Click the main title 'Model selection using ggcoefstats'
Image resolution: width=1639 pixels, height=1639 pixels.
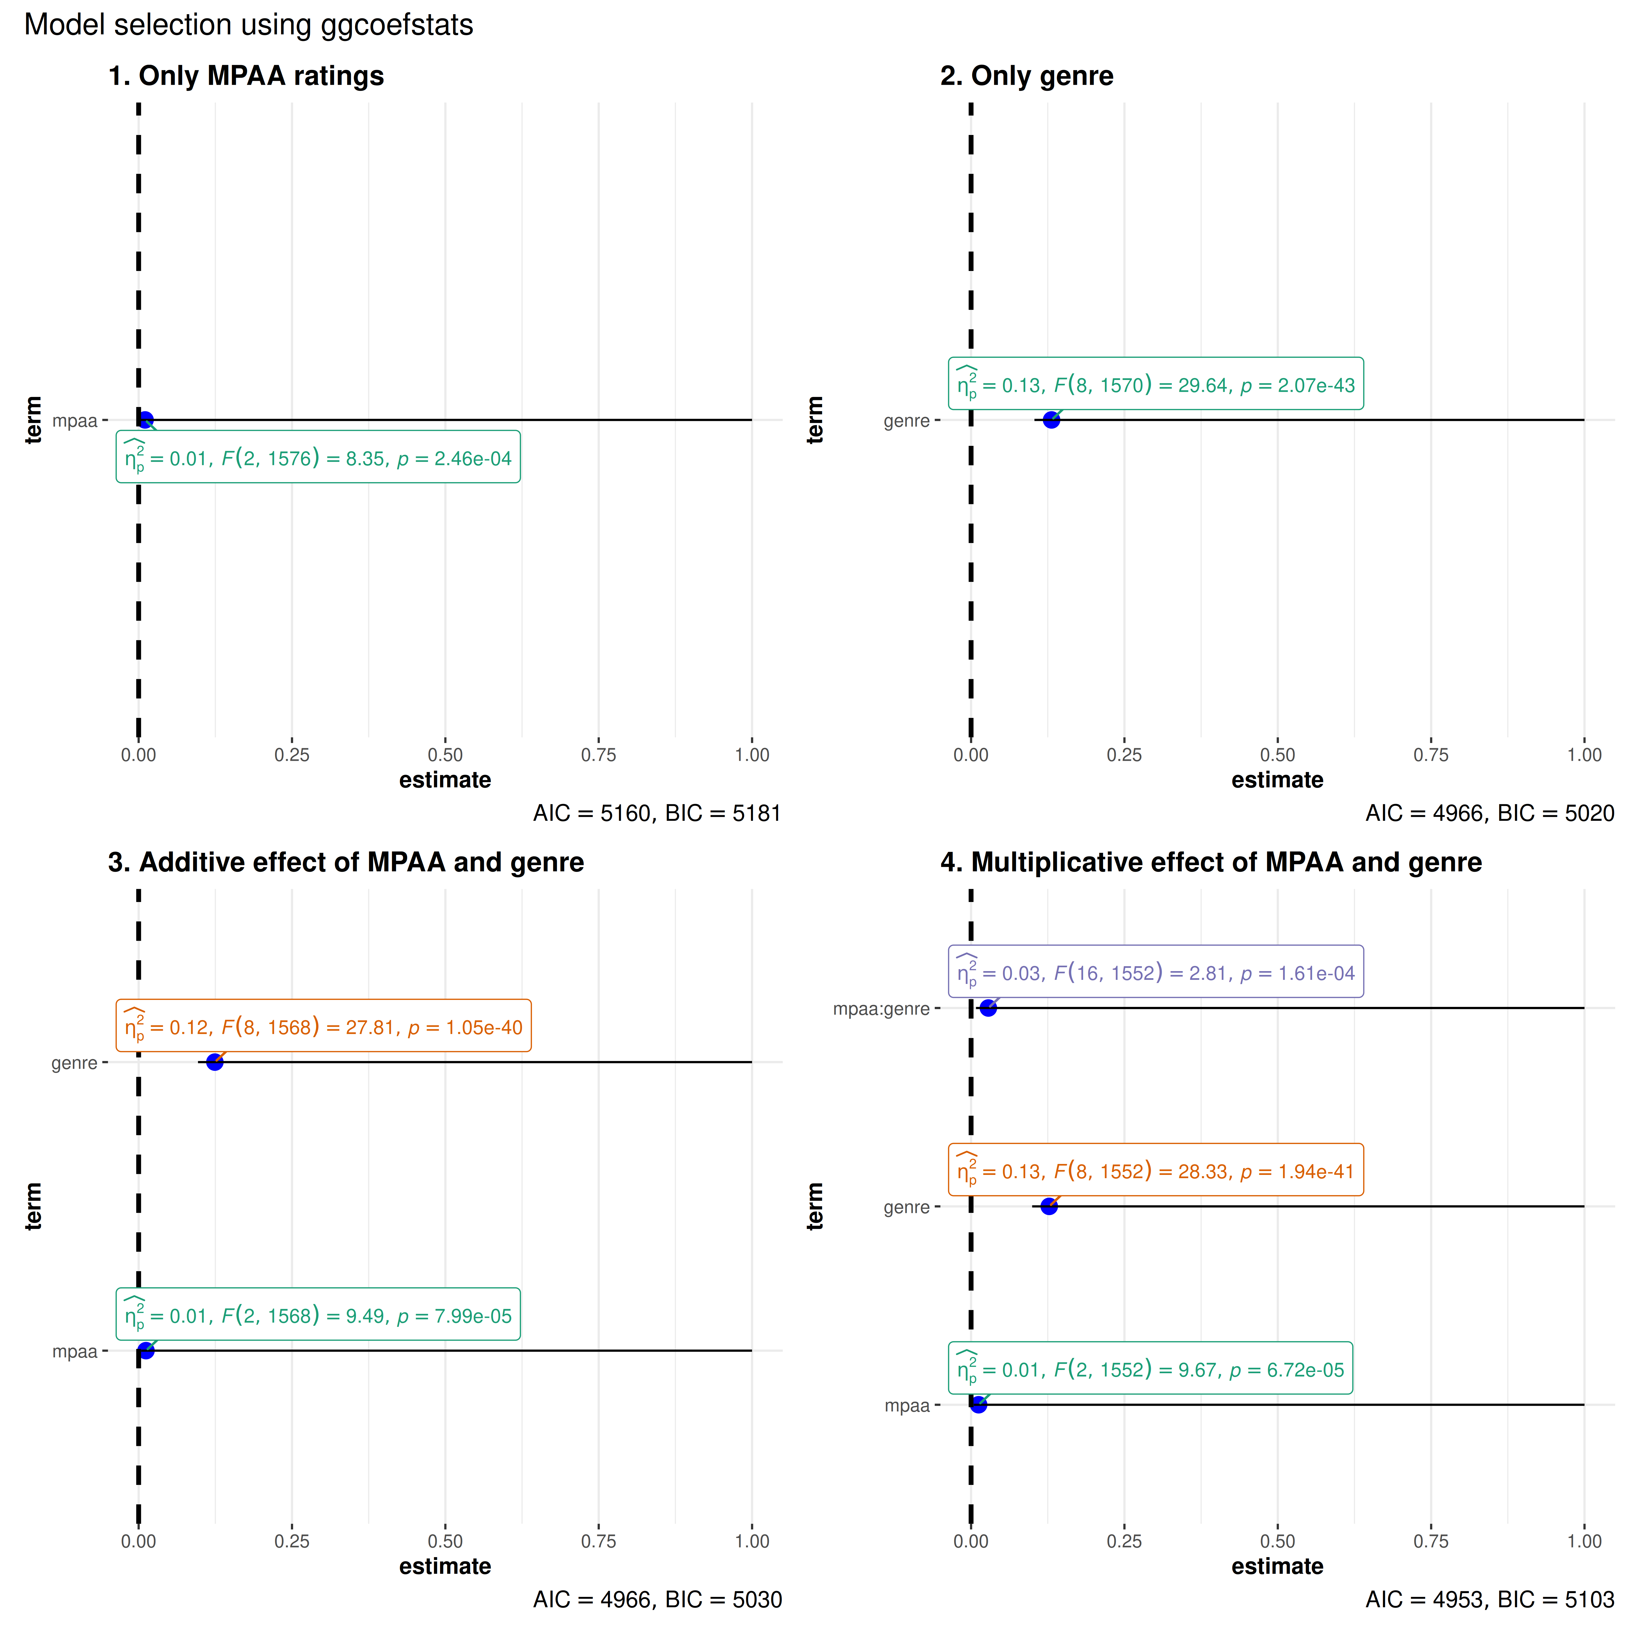click(249, 25)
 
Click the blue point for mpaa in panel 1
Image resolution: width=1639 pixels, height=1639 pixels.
click(145, 420)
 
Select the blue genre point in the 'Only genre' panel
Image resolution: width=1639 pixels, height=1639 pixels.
click(1051, 420)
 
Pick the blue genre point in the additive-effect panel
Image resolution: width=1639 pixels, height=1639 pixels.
click(215, 1062)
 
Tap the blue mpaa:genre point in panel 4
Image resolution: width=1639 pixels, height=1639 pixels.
click(988, 1008)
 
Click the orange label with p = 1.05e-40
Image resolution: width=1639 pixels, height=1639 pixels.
click(323, 1027)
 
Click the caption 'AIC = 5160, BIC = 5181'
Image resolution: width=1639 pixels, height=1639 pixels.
click(657, 813)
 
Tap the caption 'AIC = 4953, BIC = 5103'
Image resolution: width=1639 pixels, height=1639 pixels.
click(1490, 1600)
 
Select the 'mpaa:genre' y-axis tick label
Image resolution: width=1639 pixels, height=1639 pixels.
click(882, 1009)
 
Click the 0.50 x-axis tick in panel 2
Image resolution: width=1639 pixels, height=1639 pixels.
click(1278, 755)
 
